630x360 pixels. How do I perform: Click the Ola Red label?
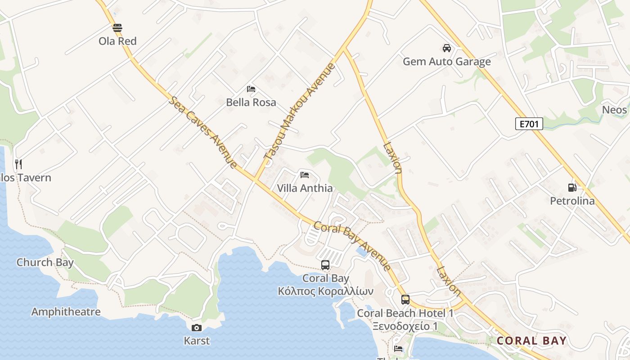click(x=117, y=41)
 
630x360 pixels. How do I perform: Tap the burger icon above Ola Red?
click(x=117, y=28)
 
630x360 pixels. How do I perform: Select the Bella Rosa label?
click(x=251, y=102)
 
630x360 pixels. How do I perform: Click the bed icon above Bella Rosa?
click(x=251, y=89)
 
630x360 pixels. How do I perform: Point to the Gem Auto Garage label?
click(x=446, y=61)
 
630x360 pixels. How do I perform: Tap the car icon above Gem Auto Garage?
click(x=446, y=48)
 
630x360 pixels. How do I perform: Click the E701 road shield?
click(x=529, y=124)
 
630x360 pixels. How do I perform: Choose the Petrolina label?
click(x=572, y=201)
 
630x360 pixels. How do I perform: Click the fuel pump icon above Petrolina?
click(x=572, y=188)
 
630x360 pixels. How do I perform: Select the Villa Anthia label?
click(x=305, y=188)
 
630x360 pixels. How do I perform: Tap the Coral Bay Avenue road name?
click(x=352, y=246)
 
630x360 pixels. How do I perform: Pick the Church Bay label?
click(x=45, y=262)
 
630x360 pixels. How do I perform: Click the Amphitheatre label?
click(x=66, y=311)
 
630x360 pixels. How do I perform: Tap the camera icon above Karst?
click(x=197, y=328)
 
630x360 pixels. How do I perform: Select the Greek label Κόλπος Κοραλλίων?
click(x=325, y=291)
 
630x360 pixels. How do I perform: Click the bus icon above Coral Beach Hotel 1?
click(x=405, y=300)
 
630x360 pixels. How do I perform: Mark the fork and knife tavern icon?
click(x=18, y=164)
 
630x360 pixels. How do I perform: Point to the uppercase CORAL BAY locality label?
click(x=531, y=341)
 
